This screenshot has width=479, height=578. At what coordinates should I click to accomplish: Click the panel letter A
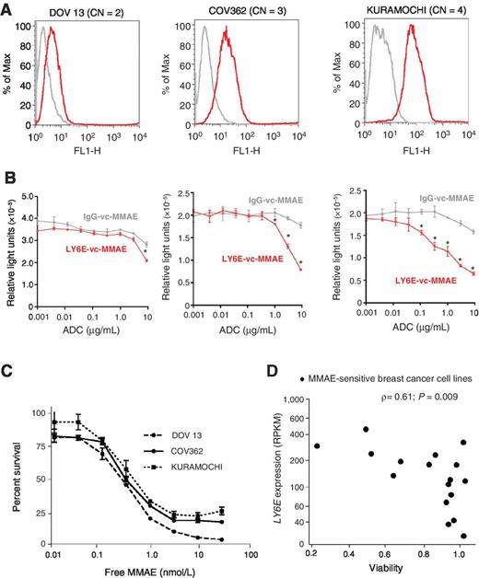pos(8,8)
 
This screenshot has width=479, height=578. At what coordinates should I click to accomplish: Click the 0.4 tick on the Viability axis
pos(350,556)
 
